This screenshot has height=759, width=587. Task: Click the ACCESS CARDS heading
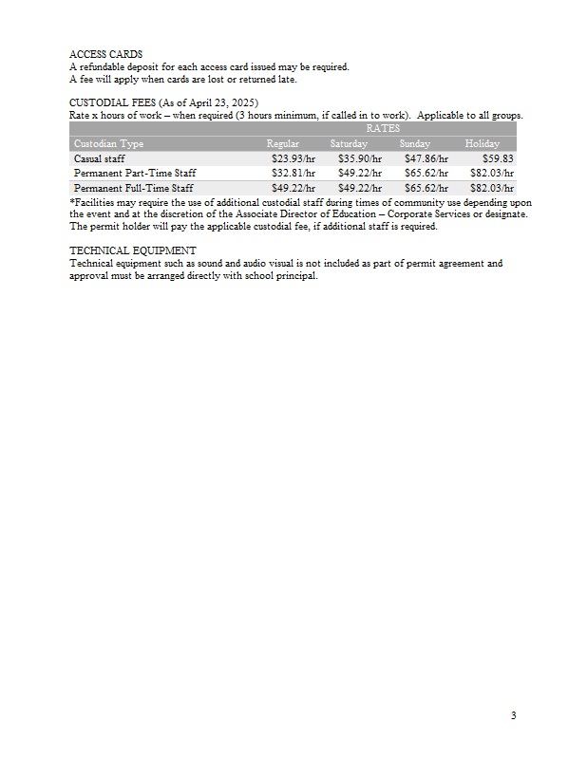coord(105,55)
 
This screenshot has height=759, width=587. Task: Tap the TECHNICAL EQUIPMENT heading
coord(132,250)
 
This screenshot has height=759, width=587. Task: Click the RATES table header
coord(383,128)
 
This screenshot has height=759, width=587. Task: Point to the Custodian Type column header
coord(108,143)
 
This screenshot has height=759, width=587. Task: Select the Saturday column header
coord(349,143)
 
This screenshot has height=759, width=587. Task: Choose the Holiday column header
coord(482,143)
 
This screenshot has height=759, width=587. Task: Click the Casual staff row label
coord(99,158)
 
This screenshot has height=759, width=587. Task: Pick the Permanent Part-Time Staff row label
coord(135,174)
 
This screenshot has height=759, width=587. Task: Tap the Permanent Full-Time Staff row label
coord(133,188)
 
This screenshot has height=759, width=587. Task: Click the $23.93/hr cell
coord(293,158)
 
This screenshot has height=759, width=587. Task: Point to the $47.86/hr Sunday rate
coord(426,158)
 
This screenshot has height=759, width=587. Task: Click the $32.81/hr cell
coord(293,174)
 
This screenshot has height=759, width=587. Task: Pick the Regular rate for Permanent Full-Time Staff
coord(293,188)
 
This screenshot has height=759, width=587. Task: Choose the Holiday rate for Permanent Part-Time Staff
coord(492,174)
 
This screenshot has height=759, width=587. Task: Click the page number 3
coord(513,715)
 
